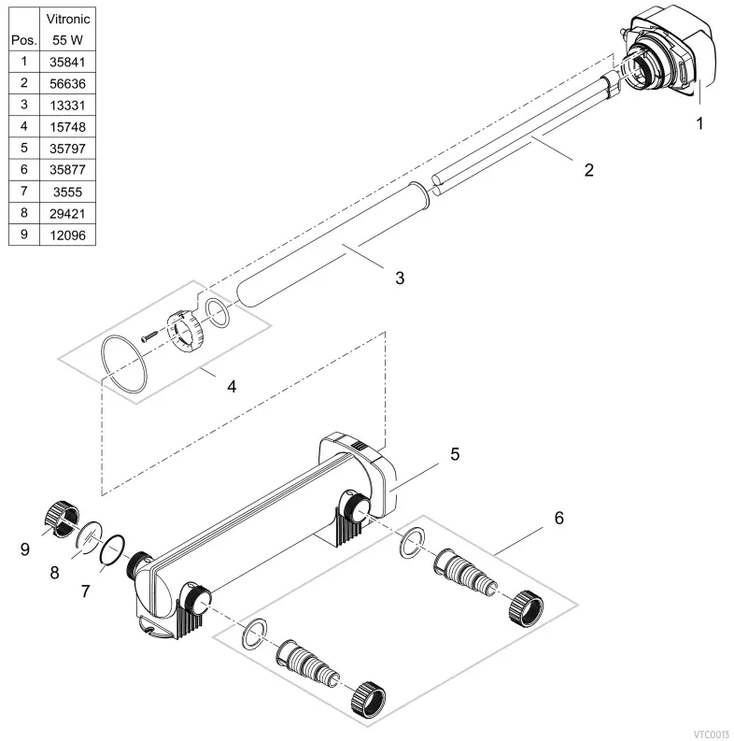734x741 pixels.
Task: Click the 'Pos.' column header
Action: (22, 42)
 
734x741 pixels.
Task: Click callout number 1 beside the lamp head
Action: (700, 122)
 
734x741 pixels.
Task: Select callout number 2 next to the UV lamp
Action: (588, 170)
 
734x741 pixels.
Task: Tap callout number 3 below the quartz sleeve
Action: (400, 278)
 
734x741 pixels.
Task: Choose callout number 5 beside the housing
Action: (455, 454)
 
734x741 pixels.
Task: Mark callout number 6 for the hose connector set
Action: (559, 517)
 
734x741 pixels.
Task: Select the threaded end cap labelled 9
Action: (59, 520)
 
